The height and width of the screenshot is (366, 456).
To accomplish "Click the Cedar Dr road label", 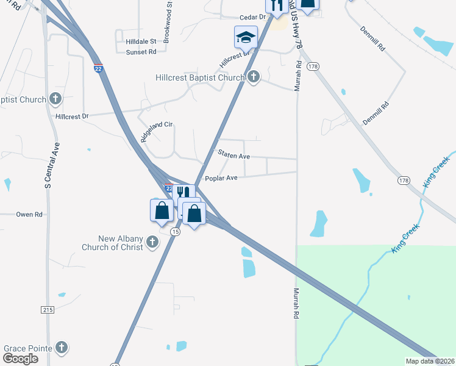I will click(x=254, y=17).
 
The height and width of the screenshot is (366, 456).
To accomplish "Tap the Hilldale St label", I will click(x=141, y=41).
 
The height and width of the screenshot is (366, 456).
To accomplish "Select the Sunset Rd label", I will click(x=141, y=52).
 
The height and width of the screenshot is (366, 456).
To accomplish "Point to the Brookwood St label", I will click(x=170, y=13).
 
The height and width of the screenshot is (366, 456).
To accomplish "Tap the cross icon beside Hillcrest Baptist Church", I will click(x=254, y=77).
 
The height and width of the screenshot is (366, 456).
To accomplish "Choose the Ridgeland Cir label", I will click(x=158, y=132).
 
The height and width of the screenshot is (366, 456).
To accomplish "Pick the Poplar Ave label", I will click(x=221, y=178).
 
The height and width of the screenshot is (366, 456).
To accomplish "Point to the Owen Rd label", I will click(x=29, y=214).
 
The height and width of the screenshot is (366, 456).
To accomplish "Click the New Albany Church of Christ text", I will click(x=113, y=243).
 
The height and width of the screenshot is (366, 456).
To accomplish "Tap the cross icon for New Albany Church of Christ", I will click(x=152, y=243).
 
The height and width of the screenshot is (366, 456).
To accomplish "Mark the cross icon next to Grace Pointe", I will click(x=61, y=348).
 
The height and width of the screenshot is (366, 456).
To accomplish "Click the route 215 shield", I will click(x=49, y=310).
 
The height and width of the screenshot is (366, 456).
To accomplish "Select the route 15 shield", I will click(x=176, y=232).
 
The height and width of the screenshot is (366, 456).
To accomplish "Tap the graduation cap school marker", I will click(x=245, y=38).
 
